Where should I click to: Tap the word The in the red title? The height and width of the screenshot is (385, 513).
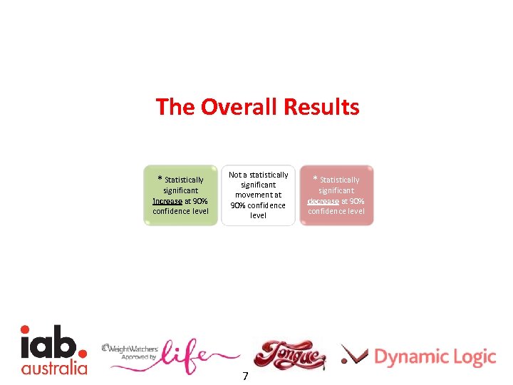click(175, 108)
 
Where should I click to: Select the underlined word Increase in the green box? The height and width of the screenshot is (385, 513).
click(167, 201)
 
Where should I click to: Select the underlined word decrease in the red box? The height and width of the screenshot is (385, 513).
click(323, 201)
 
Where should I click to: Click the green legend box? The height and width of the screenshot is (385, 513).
click(180, 196)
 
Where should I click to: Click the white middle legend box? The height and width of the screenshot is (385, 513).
click(258, 195)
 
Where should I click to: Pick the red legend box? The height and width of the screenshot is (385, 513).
click(336, 196)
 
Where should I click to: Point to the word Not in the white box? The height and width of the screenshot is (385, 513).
click(235, 175)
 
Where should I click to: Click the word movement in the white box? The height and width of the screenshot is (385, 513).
click(258, 195)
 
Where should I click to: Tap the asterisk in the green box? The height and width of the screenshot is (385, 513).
click(160, 179)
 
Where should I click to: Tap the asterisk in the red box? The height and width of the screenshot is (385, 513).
click(316, 179)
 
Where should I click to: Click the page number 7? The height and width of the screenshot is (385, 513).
click(245, 376)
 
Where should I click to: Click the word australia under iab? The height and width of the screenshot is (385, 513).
click(54, 368)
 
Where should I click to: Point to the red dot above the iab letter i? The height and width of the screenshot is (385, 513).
click(25, 329)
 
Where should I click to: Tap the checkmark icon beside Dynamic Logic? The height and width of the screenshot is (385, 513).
click(354, 354)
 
